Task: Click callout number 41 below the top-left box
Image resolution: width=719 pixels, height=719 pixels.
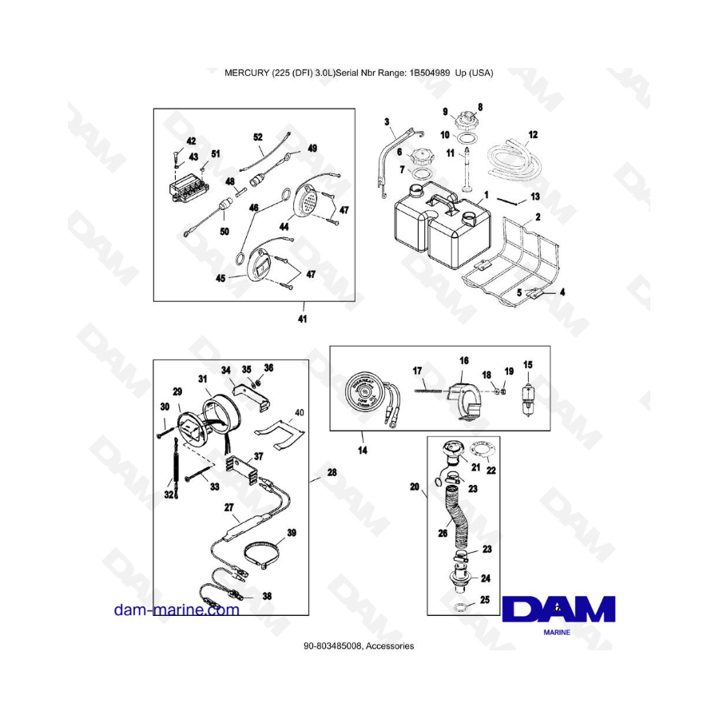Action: [302, 318]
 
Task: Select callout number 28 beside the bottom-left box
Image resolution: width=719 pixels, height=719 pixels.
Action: [332, 473]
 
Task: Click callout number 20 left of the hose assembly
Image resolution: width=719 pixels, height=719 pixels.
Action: [413, 486]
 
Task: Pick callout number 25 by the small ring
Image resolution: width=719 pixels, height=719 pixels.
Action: [483, 599]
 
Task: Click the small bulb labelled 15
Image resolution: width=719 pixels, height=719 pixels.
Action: [527, 396]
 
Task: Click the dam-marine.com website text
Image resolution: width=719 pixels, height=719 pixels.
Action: [177, 610]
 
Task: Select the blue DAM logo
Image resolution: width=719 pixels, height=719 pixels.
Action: [558, 610]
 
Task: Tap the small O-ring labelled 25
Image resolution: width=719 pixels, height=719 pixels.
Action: [462, 608]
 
